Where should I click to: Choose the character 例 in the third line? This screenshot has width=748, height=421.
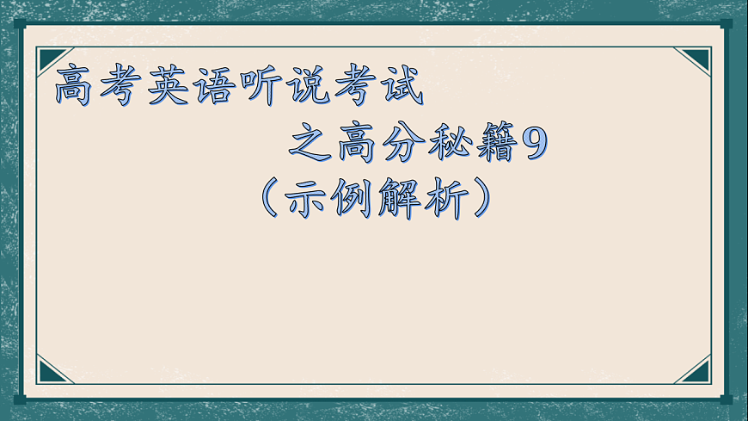click(x=354, y=199)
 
